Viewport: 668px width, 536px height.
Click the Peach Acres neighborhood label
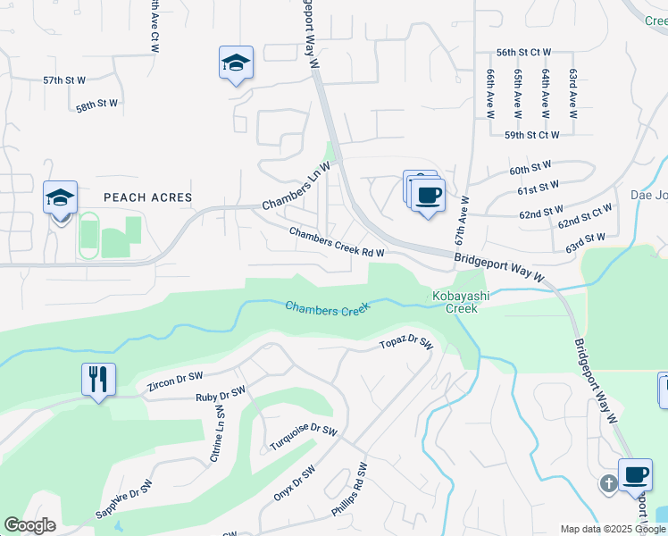point(148,197)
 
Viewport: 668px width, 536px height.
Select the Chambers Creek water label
point(328,309)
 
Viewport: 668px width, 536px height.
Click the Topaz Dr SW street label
point(405,344)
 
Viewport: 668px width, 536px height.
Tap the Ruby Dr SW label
point(221,393)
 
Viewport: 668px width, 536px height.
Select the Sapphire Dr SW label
point(124,502)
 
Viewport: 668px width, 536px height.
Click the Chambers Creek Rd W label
point(337,242)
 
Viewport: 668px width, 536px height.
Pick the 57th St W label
point(64,80)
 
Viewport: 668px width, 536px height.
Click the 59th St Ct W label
point(531,135)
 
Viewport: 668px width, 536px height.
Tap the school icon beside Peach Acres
point(61,197)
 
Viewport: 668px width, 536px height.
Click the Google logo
point(29,525)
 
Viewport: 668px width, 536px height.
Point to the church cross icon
point(608,484)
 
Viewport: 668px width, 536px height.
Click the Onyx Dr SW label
point(295,485)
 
